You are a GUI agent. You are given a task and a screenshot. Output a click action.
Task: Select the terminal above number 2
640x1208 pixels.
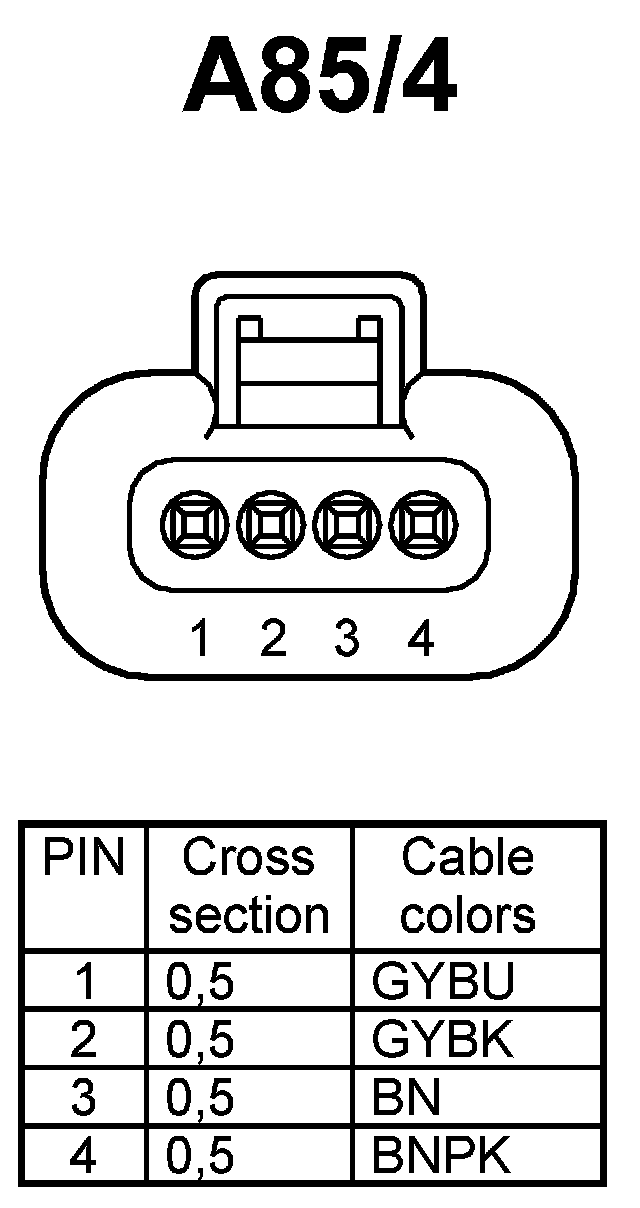[268, 522]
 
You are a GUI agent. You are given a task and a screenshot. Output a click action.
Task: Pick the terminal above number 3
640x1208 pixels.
[346, 522]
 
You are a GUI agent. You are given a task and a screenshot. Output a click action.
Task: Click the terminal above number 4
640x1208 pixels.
[421, 522]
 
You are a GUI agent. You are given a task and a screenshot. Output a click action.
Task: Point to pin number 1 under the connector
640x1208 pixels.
[202, 639]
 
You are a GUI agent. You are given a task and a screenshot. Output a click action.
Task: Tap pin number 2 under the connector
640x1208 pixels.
[272, 639]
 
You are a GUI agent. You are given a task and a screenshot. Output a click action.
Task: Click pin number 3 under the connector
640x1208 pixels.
[346, 639]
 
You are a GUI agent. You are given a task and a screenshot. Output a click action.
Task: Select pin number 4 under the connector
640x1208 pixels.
[421, 639]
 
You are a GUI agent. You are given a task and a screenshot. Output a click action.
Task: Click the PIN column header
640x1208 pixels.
[84, 858]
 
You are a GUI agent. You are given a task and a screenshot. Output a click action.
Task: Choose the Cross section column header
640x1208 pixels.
[249, 886]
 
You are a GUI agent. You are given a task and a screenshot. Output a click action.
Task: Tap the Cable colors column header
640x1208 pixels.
[467, 886]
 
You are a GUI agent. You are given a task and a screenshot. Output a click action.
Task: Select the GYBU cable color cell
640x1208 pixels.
[442, 983]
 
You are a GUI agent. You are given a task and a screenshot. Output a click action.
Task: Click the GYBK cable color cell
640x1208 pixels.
[442, 1041]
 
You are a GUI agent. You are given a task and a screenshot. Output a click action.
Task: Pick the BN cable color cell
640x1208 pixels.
[406, 1099]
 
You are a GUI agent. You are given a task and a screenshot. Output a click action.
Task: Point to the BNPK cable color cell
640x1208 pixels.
[442, 1157]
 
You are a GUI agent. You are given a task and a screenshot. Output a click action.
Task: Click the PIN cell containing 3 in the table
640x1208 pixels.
[84, 1099]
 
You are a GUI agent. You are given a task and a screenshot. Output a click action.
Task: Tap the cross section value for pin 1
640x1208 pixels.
[200, 983]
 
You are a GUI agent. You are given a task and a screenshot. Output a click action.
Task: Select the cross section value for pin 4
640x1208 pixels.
[200, 1157]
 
